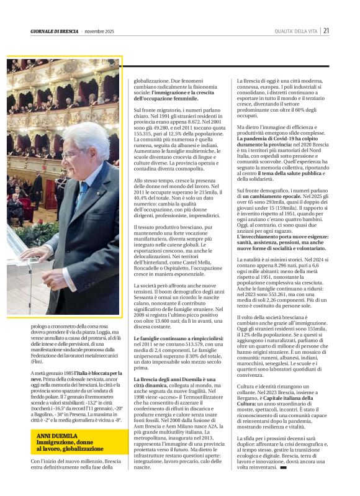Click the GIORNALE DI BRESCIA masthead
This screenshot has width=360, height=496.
click(x=54, y=31)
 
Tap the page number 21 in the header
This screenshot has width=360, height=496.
click(x=326, y=31)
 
